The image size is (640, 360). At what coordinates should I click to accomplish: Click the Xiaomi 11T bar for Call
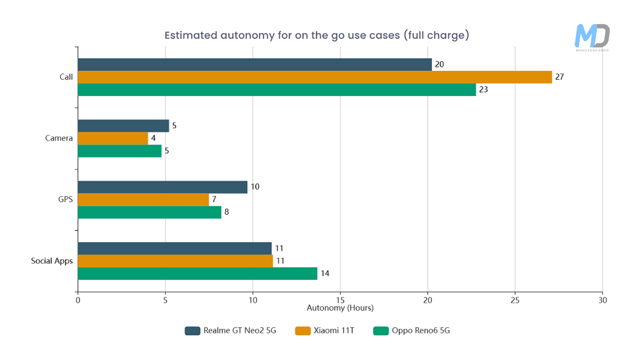point(315,77)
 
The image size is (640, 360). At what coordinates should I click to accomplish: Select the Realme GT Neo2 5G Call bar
point(254,64)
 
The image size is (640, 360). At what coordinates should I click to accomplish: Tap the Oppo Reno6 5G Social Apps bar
point(197,273)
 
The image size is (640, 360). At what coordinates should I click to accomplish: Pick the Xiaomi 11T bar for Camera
point(113,138)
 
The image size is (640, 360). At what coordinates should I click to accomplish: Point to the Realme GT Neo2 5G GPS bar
point(162,187)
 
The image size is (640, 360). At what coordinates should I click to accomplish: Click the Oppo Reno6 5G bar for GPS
point(149,212)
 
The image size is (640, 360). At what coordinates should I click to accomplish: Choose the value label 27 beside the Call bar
point(559,77)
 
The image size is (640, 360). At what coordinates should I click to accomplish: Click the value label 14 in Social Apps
point(325,273)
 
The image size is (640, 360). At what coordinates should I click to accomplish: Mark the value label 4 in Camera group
point(153,138)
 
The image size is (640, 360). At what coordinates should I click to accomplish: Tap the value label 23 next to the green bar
point(483,90)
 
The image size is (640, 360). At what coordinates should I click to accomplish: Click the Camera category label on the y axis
point(59,138)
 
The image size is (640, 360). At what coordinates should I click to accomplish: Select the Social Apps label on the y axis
point(52,261)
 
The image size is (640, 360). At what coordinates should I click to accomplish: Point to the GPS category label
point(65,199)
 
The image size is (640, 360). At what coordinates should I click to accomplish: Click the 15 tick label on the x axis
point(340,300)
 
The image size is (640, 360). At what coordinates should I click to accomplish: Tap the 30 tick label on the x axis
point(602,300)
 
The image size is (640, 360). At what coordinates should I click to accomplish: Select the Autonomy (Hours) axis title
point(340,308)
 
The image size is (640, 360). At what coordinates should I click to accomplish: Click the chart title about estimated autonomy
point(317,35)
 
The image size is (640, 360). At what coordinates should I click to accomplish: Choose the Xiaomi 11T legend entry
point(325,330)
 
